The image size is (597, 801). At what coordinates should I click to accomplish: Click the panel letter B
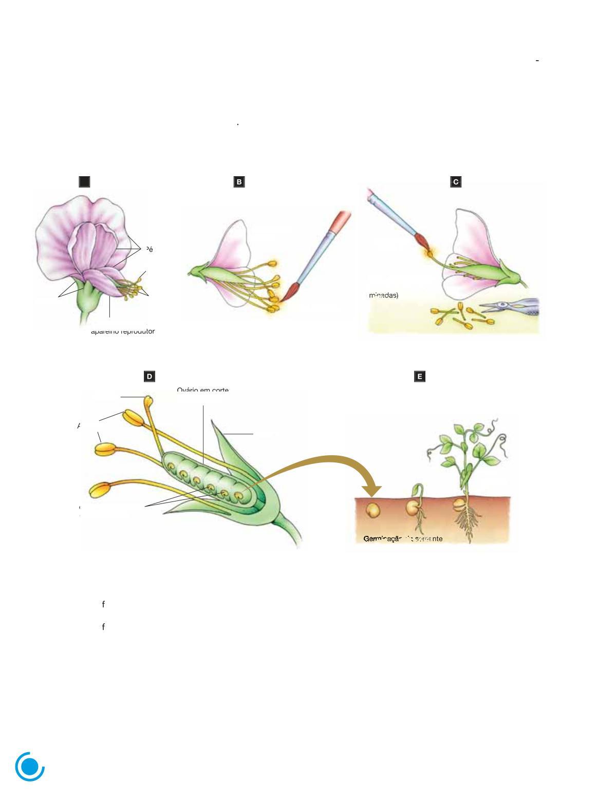pyautogui.click(x=239, y=182)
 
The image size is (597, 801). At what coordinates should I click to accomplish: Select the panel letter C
pyautogui.click(x=456, y=182)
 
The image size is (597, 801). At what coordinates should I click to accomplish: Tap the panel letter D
pyautogui.click(x=150, y=377)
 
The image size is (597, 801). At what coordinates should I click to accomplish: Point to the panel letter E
pyautogui.click(x=420, y=377)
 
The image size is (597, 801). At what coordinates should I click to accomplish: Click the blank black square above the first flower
pyautogui.click(x=84, y=182)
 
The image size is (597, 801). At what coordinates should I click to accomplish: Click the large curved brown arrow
pyautogui.click(x=319, y=462)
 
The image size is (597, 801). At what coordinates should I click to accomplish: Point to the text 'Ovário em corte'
pyautogui.click(x=202, y=390)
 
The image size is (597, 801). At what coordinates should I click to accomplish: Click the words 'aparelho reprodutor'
pyautogui.click(x=123, y=331)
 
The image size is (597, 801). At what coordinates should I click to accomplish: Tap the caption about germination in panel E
pyautogui.click(x=403, y=539)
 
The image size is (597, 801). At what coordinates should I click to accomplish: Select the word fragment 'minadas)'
pyautogui.click(x=384, y=295)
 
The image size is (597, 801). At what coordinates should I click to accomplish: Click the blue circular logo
pyautogui.click(x=30, y=767)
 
